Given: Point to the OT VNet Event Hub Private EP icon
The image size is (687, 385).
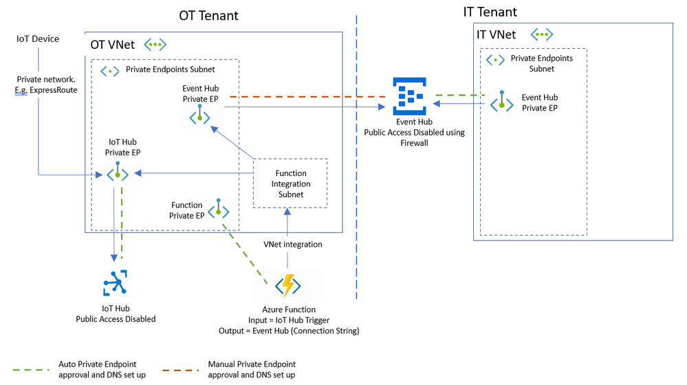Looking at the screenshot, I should tap(199, 115).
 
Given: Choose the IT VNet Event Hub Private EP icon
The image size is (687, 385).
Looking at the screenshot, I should tap(502, 102).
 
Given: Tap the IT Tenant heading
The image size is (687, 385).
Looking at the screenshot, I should tap(490, 12).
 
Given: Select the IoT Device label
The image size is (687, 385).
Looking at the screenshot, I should tap(38, 39).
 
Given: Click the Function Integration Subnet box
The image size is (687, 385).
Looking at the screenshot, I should tap(290, 184).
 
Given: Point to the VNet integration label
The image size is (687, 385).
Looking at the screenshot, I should tap(292, 244).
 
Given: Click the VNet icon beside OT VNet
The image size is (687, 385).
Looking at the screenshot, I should tap(154, 45).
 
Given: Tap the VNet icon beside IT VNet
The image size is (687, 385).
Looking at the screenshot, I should tap(543, 34).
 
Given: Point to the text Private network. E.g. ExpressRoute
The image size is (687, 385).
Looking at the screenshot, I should tap(47, 84).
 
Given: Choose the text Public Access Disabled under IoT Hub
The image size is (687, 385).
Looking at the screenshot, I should tap(116, 319).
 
